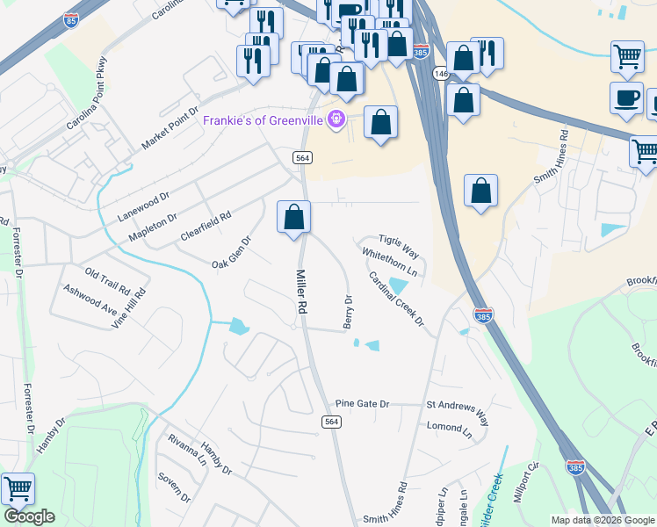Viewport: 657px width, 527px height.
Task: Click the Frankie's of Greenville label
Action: pos(262,120)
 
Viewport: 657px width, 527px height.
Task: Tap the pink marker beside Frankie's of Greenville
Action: pos(335,119)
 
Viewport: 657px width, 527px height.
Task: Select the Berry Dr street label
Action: pos(348,313)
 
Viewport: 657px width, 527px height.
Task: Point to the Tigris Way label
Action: pos(399,245)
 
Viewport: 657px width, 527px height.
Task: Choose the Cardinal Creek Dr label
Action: pos(396,300)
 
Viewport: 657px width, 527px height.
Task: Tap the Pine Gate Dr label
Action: pos(362,403)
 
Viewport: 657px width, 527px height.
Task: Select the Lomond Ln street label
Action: pos(449,427)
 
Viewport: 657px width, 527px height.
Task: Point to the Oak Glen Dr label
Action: pos(232,252)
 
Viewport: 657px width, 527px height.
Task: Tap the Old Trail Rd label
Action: pos(107,280)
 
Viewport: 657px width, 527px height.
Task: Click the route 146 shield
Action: pos(440,74)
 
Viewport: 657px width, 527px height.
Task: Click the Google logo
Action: pos(29,516)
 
